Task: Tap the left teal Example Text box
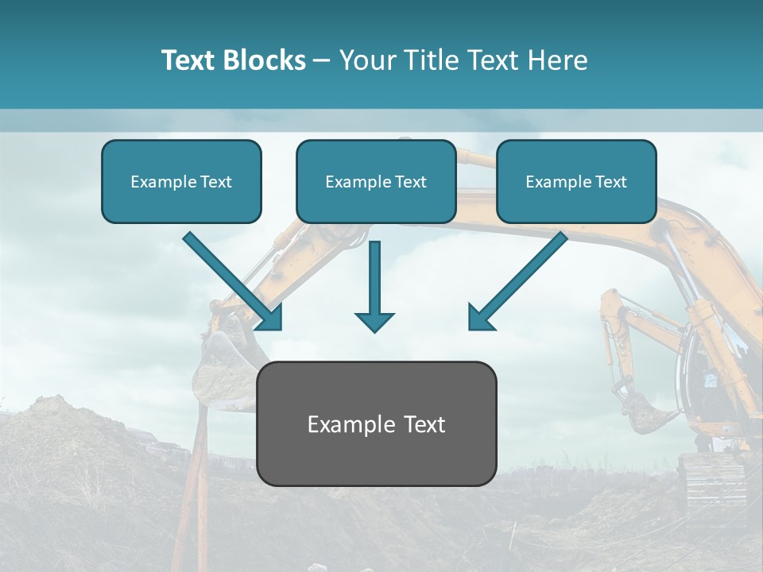click(x=181, y=182)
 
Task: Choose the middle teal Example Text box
click(x=376, y=182)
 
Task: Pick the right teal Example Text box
click(x=576, y=182)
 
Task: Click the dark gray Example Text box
click(x=376, y=424)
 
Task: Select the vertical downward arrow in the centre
click(x=374, y=286)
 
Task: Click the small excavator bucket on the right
click(x=648, y=413)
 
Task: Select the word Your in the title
click(x=365, y=60)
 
